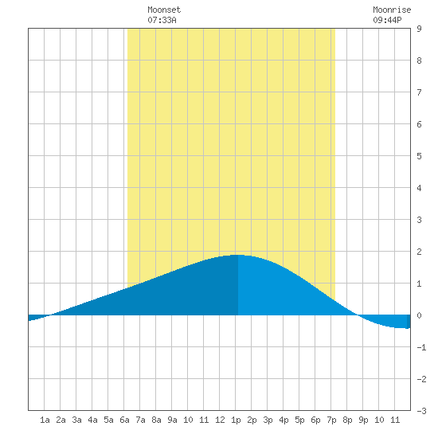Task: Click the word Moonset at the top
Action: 164,10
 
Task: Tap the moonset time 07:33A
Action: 162,20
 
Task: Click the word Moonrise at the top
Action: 392,10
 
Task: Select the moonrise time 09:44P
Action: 387,20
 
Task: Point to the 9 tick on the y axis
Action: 419,29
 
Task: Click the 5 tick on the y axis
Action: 419,156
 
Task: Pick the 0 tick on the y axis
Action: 419,315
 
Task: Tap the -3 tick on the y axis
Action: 421,411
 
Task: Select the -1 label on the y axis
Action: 421,347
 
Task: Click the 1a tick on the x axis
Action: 45,420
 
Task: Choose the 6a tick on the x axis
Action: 124,420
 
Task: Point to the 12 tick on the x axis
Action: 220,420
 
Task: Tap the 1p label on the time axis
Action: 236,420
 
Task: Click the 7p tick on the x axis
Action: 331,420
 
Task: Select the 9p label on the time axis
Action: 363,420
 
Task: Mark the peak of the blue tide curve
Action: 237,255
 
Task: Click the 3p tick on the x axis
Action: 268,420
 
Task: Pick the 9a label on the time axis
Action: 172,420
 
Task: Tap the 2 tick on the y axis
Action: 419,252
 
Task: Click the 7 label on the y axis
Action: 419,92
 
